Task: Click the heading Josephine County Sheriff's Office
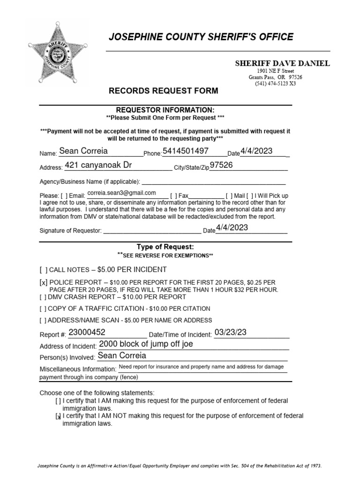click(201, 37)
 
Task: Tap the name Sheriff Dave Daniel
click(282, 63)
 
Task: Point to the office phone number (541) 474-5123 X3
click(275, 84)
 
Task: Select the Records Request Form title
click(163, 90)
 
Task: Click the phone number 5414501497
click(185, 151)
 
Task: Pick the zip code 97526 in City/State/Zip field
click(222, 165)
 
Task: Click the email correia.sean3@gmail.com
click(121, 193)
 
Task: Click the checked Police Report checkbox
click(44, 283)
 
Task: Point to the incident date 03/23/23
click(230, 332)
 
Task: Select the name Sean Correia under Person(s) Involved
click(122, 356)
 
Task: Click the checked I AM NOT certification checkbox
click(58, 416)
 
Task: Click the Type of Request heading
click(165, 247)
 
